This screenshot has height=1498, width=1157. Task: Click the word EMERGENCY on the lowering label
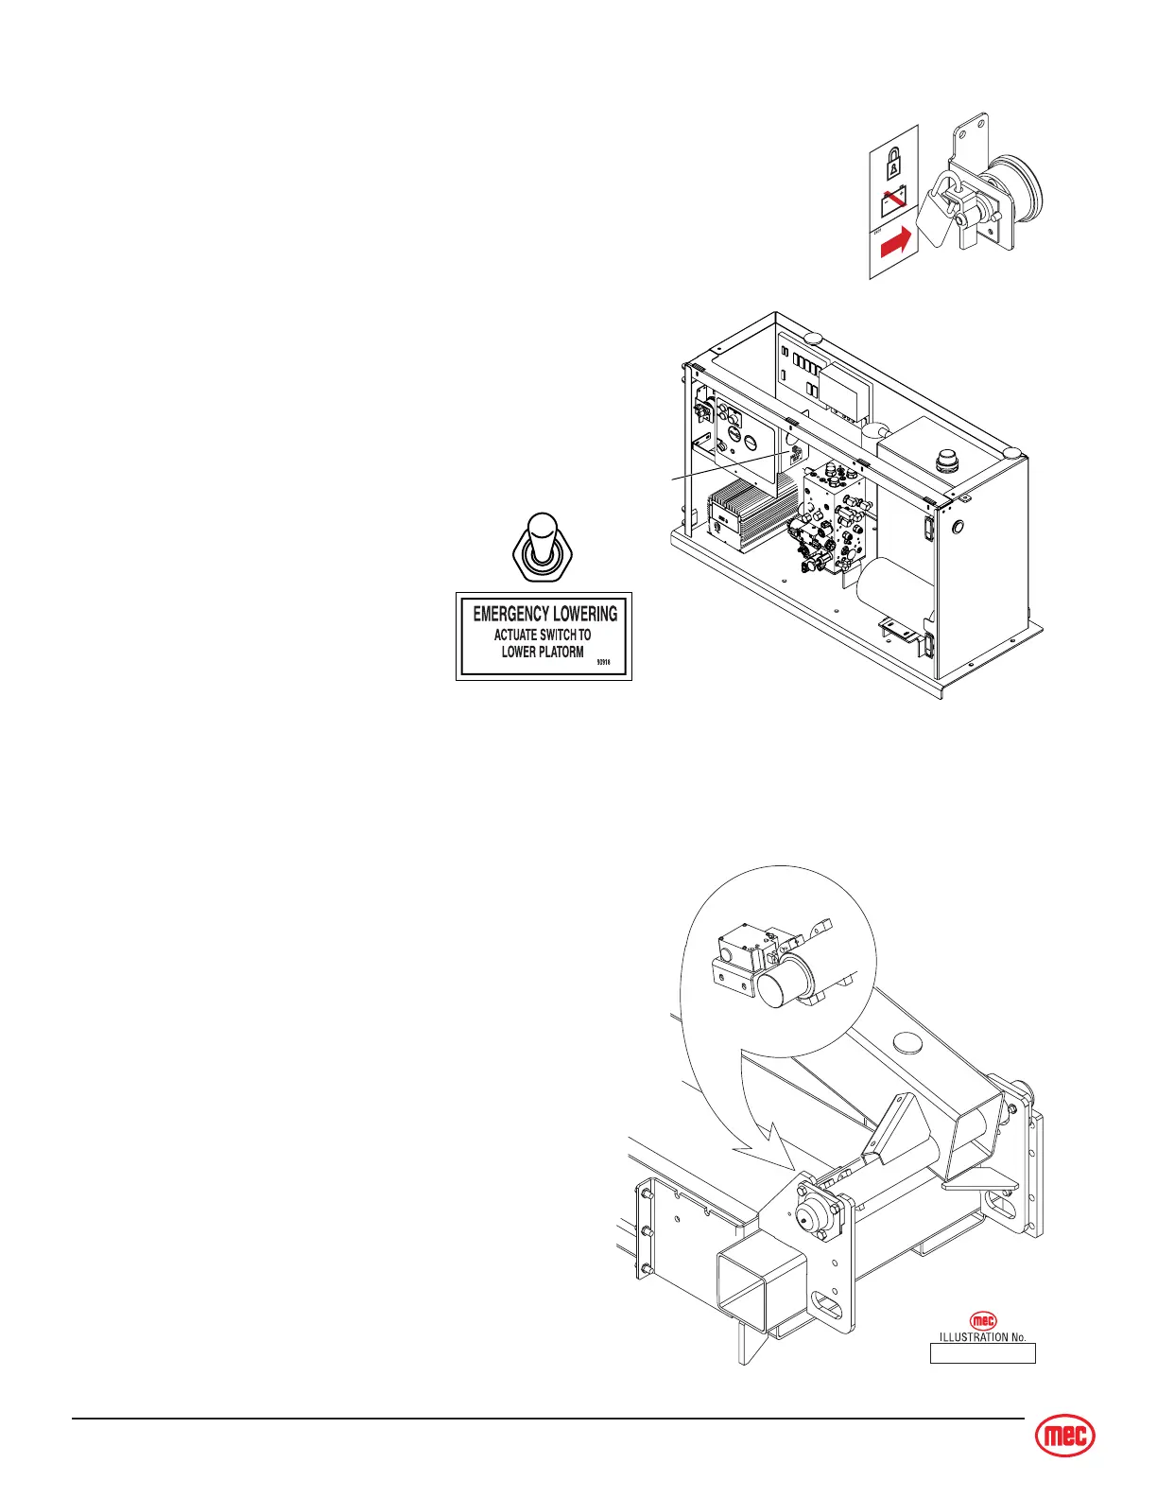coord(511,614)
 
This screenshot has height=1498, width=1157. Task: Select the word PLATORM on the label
coord(559,652)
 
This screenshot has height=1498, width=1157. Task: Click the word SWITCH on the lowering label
coord(558,635)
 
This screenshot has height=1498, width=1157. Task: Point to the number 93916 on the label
coord(606,663)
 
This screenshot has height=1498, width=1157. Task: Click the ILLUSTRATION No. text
coord(982,1337)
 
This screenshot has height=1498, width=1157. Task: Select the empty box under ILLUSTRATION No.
coord(983,1353)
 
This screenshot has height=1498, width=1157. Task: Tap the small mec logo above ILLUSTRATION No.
coord(984,1321)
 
